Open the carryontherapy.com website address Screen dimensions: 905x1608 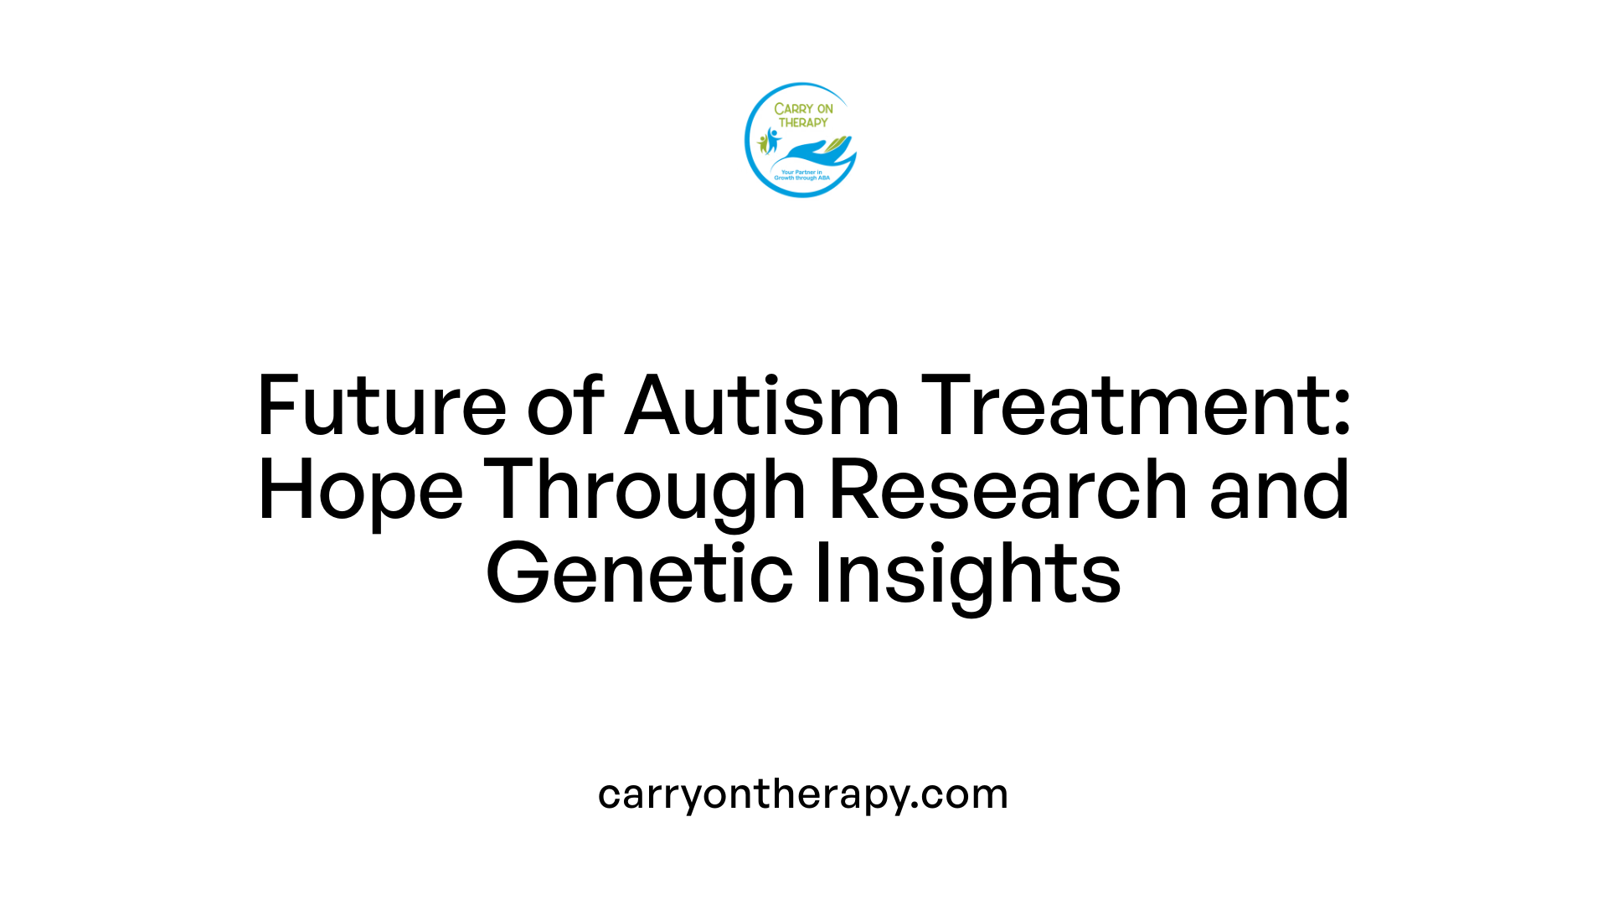tap(803, 794)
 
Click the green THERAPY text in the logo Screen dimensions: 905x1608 tap(803, 122)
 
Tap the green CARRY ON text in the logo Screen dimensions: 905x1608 tap(803, 109)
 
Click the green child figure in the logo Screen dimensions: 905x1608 tap(762, 144)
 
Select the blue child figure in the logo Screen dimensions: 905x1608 tap(772, 139)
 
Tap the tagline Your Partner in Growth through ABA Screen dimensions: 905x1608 tap(801, 175)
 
